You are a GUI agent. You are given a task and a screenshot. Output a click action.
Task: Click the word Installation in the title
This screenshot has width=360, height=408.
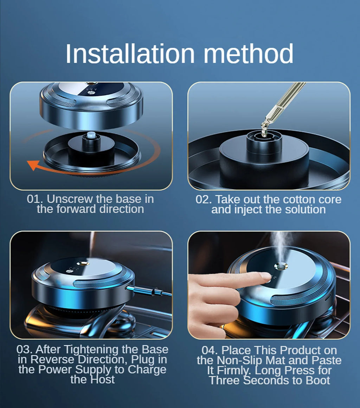point(130,53)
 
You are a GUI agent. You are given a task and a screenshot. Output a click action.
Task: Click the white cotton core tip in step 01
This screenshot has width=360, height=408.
point(91,135)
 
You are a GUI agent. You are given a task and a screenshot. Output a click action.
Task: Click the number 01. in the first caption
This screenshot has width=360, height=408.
point(36,199)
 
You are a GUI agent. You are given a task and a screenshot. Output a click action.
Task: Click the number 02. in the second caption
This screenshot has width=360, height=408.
point(204,199)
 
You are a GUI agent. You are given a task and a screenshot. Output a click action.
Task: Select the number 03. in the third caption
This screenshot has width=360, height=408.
point(25,350)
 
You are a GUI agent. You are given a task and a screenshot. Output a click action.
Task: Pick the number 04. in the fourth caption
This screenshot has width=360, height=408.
point(210,350)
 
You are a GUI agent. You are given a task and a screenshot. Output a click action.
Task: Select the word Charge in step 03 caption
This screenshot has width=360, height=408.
point(147,370)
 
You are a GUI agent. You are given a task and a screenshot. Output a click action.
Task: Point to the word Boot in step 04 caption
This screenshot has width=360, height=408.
point(318,381)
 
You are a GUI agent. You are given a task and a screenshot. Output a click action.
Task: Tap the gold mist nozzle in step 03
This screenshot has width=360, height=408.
point(83,263)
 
